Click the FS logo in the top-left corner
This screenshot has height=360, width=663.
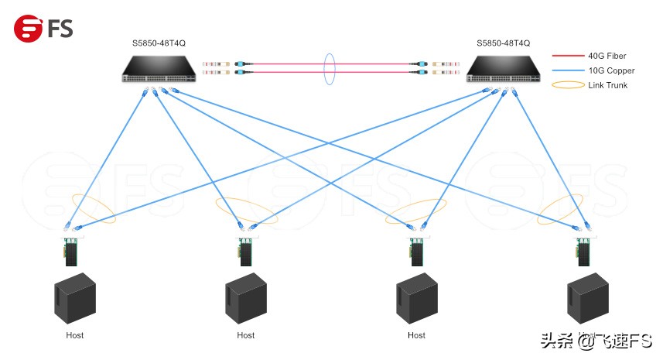coord(43,29)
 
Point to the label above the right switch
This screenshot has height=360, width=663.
coord(503,43)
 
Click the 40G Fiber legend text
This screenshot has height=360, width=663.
coord(607,57)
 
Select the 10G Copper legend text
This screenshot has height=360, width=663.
coord(610,70)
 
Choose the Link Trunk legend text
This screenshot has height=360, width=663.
coord(608,85)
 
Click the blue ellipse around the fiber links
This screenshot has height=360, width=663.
coord(330,68)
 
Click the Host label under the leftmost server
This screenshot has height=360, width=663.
coord(74,335)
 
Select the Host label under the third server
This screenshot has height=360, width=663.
coord(416,335)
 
